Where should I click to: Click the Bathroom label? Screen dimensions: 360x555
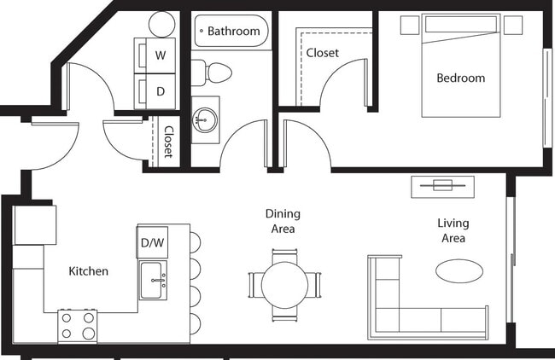pos(233,32)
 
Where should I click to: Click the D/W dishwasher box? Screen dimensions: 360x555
pos(152,242)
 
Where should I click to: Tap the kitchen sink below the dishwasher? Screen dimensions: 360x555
pos(155,279)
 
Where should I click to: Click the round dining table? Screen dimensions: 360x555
pos(284,285)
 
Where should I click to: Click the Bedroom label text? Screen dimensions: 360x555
pos(460,78)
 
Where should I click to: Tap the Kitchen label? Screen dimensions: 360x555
pos(88,271)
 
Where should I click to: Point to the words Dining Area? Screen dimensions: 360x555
pos(282,222)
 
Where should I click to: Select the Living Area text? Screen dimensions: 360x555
pos(453,230)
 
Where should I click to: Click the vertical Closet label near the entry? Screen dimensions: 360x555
pos(168,142)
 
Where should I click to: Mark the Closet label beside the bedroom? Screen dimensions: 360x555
pos(322,53)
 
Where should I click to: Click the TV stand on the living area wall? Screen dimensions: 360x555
pos(441,185)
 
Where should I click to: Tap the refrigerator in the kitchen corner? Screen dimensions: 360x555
pos(35,225)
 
